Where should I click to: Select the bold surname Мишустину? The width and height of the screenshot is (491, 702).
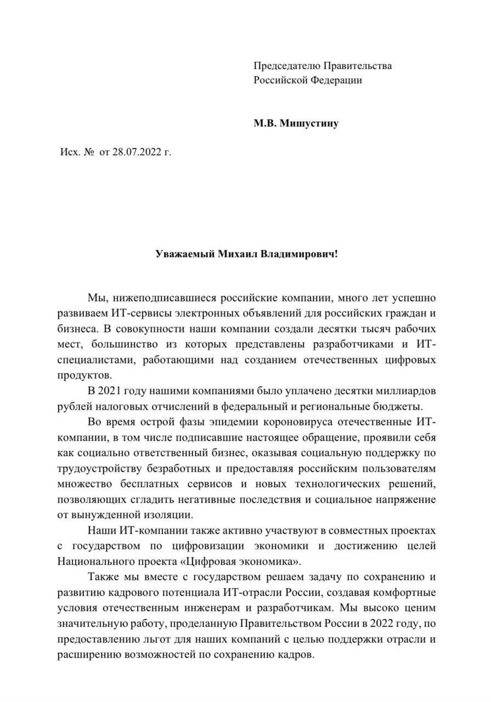[309, 123]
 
